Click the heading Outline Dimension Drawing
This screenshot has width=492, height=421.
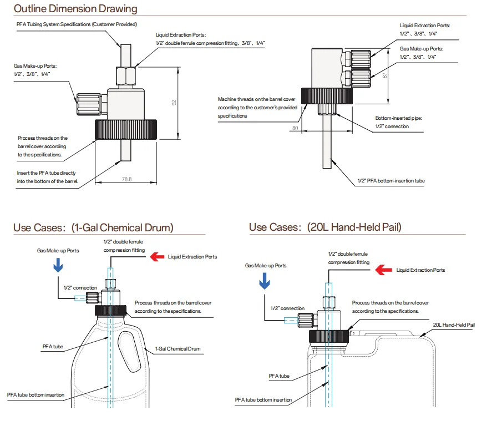point(75,9)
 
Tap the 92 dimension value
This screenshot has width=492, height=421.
point(174,103)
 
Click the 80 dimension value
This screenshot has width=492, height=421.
point(295,128)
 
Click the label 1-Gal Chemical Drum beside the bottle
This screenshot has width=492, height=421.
point(178,349)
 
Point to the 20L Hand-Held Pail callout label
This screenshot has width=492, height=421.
point(454,324)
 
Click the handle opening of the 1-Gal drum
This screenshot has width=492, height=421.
point(128,351)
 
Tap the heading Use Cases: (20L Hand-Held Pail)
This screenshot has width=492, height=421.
point(325,227)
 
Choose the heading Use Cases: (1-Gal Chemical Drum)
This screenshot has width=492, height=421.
point(93,227)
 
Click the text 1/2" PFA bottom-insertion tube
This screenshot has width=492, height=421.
point(391,181)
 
